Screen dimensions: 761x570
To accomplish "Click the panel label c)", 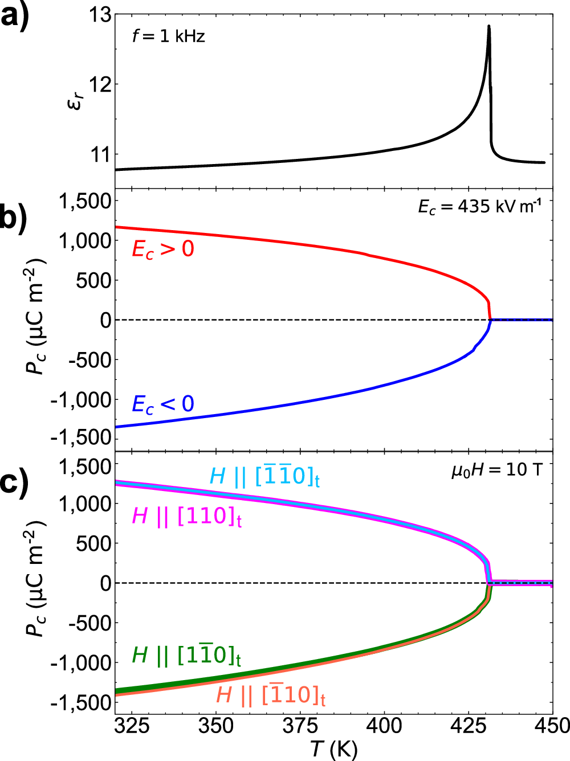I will tap(14, 482).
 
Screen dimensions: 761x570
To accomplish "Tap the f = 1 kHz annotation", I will tap(168, 36).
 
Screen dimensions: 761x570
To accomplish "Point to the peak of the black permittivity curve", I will tap(488, 26).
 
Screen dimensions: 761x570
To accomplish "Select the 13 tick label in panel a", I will tap(100, 15).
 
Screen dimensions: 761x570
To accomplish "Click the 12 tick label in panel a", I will tap(100, 85).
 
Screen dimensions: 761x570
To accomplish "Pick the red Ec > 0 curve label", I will tap(163, 249).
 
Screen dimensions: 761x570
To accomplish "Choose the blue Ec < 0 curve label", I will tap(163, 404).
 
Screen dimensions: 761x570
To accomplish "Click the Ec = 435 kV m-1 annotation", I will tap(479, 206).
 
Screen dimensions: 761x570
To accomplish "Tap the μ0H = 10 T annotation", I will tap(496, 470).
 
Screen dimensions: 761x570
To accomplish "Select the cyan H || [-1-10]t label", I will tap(264, 476).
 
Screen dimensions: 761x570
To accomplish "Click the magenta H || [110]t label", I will tap(187, 517).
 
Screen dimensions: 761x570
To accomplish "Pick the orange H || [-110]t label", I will tap(271, 694).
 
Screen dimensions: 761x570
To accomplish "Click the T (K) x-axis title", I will tap(334, 749).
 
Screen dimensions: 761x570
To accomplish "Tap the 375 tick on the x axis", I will tap(300, 726).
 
